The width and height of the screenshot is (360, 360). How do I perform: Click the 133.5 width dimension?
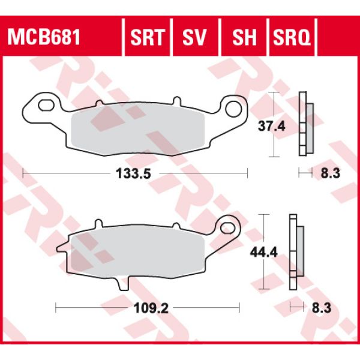[134, 174]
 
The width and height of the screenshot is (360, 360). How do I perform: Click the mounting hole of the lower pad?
[227, 228]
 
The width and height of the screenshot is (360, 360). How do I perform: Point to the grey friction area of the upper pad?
[138, 130]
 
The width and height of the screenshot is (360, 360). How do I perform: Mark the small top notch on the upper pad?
[175, 101]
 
